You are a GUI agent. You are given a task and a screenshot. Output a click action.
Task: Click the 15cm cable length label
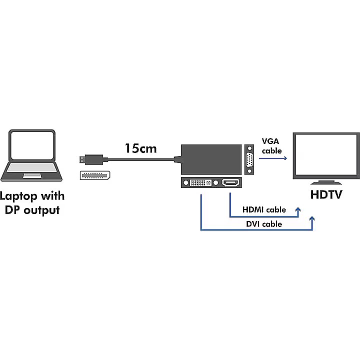[x=140, y=148]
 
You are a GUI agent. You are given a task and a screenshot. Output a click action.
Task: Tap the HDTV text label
[x=326, y=194]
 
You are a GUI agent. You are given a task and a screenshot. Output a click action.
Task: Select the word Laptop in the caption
[x=18, y=197]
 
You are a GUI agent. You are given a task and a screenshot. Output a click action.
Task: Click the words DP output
[x=32, y=210]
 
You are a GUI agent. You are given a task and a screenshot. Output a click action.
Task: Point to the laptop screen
[x=32, y=145]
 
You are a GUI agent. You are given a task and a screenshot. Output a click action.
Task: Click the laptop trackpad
[x=32, y=175]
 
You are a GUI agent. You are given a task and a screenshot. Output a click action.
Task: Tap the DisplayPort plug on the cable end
[x=93, y=159]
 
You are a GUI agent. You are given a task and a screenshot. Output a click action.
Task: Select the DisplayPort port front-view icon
[x=95, y=175]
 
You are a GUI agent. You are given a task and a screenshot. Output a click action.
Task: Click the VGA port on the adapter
[x=249, y=159]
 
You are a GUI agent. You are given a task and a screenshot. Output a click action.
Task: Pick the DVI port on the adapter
[x=200, y=183]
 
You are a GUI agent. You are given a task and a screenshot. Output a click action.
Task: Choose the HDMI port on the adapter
[x=230, y=183]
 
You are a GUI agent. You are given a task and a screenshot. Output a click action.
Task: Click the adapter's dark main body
[x=211, y=159]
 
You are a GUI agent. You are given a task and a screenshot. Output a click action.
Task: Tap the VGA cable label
[x=271, y=146]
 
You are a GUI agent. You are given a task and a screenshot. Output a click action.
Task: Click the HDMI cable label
[x=264, y=209]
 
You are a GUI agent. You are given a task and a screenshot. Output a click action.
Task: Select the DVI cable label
[x=264, y=224]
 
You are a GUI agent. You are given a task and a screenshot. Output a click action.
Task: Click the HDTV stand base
[x=326, y=183]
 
